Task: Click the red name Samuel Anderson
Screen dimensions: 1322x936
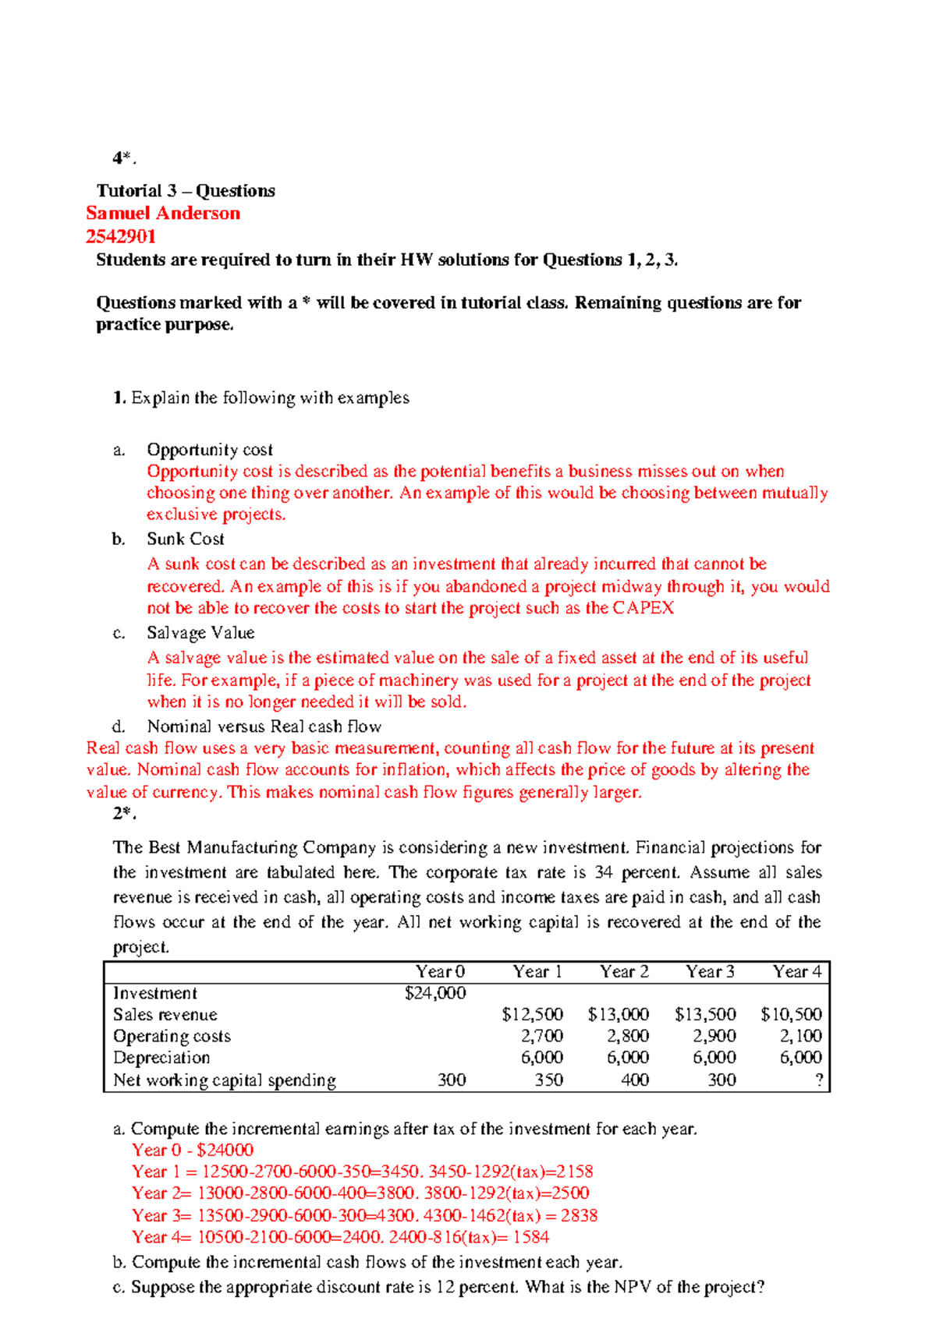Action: click(x=163, y=214)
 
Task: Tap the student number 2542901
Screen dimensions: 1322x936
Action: click(x=121, y=237)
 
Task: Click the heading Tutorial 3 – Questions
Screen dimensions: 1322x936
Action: click(x=186, y=191)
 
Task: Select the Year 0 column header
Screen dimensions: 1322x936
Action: click(x=440, y=972)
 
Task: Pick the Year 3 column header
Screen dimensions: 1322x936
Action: click(x=710, y=972)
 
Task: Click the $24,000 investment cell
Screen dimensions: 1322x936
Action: click(x=435, y=993)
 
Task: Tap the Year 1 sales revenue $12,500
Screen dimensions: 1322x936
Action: click(x=532, y=1015)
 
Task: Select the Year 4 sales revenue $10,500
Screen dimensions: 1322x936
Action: click(x=791, y=1015)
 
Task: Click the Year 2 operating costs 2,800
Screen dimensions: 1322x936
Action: click(x=628, y=1036)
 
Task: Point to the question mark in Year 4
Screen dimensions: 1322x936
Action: click(x=818, y=1080)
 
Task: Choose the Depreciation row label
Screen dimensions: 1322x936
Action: click(x=161, y=1058)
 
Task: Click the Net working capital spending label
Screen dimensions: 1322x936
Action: click(x=225, y=1080)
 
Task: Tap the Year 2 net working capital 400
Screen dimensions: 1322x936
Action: click(x=635, y=1080)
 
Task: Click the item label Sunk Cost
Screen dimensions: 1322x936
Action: click(x=186, y=539)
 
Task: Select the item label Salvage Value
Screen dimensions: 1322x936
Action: click(x=200, y=633)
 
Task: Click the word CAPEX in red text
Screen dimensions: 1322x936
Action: click(x=643, y=609)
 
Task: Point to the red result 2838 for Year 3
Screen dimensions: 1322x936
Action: click(x=579, y=1216)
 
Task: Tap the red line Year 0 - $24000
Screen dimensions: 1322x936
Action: click(x=193, y=1151)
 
